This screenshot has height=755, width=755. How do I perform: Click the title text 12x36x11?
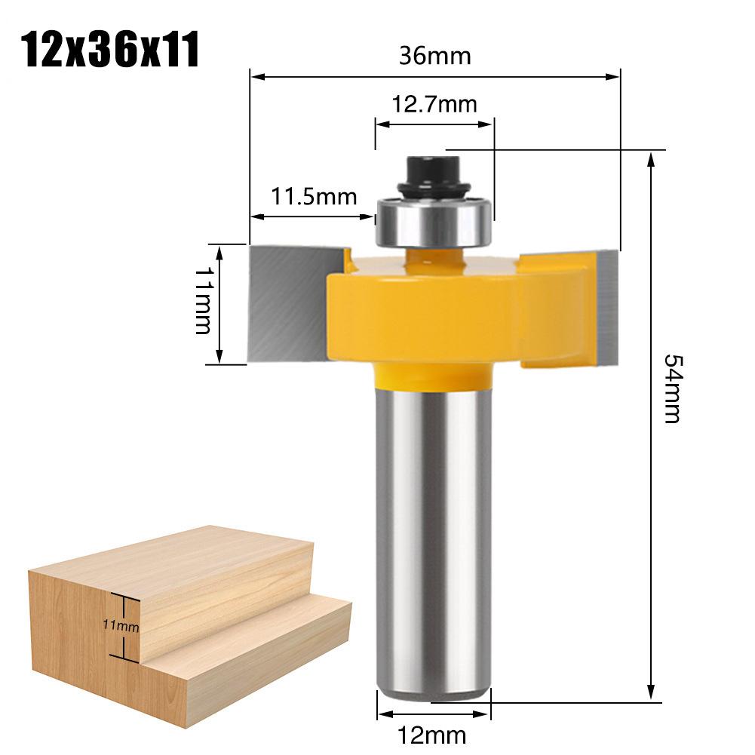click(x=110, y=51)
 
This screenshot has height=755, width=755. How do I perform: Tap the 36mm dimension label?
click(x=434, y=56)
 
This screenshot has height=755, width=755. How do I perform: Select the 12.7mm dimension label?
click(x=434, y=103)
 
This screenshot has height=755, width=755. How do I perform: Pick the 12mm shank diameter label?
click(x=434, y=734)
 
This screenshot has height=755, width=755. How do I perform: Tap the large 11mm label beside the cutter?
click(x=202, y=303)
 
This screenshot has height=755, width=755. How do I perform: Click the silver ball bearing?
click(x=433, y=220)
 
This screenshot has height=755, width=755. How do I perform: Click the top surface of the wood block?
click(x=173, y=554)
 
